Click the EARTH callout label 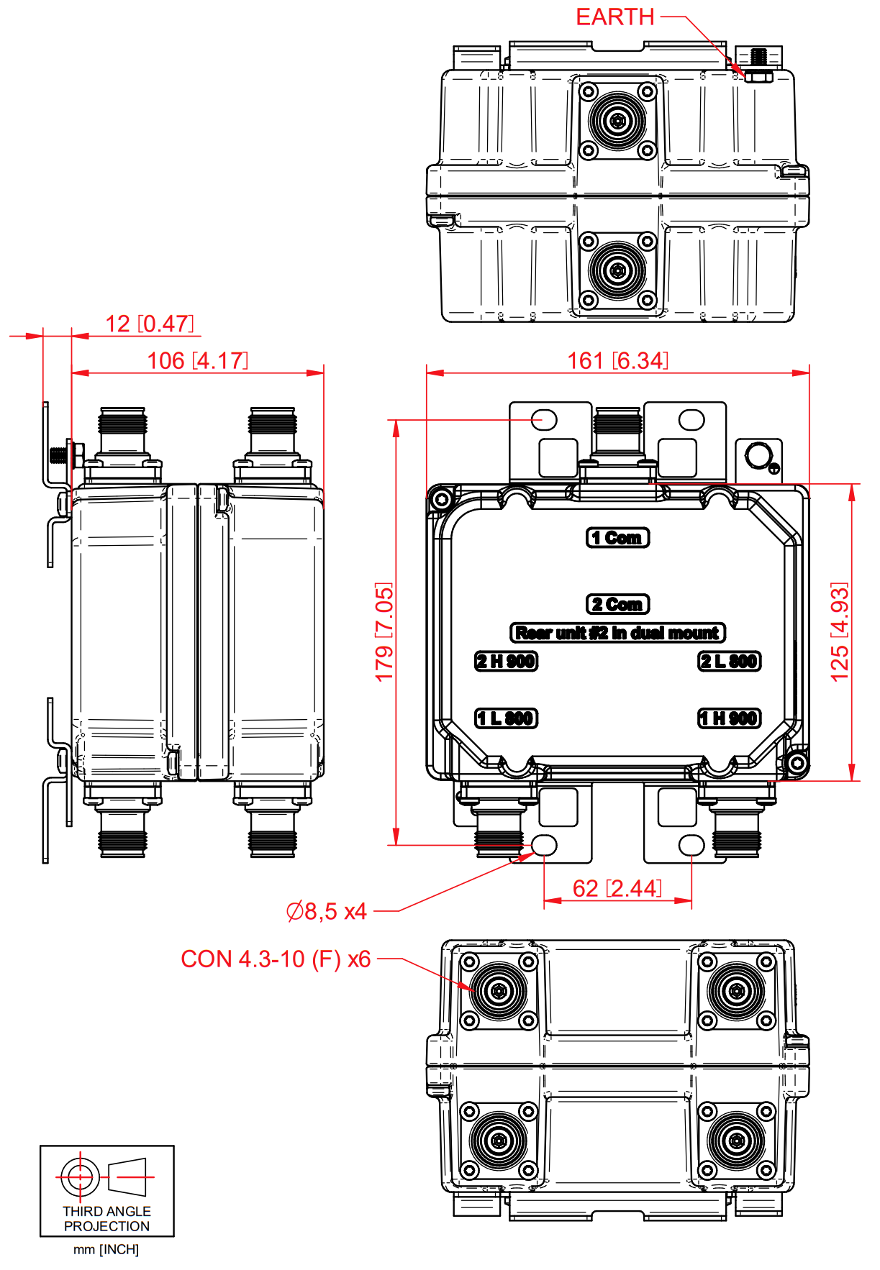click(x=614, y=17)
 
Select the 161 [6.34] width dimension click(x=617, y=360)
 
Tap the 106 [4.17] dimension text click(x=197, y=360)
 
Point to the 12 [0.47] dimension click(x=150, y=324)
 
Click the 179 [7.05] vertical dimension click(x=384, y=632)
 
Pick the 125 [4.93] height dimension click(x=840, y=632)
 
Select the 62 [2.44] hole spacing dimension click(x=617, y=888)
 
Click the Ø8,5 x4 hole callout click(x=327, y=911)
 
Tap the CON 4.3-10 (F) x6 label click(x=276, y=959)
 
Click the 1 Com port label click(x=617, y=537)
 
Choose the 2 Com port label click(x=617, y=604)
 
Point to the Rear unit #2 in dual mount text click(x=617, y=633)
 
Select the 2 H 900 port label click(x=506, y=661)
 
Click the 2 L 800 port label click(x=730, y=661)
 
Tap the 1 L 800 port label click(x=506, y=718)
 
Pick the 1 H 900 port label click(x=730, y=718)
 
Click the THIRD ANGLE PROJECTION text click(x=106, y=1218)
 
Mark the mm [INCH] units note click(x=106, y=1249)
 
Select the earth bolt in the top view click(x=758, y=66)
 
